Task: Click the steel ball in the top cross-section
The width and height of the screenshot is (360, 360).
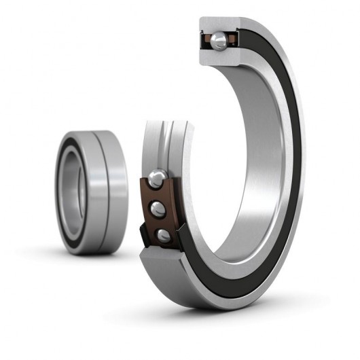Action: [218, 41]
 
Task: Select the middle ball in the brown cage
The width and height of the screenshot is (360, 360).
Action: [158, 209]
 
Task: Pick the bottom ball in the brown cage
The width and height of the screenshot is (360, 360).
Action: [163, 235]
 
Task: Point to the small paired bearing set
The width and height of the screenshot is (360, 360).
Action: [92, 192]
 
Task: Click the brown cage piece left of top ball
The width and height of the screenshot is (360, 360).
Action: [206, 42]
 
